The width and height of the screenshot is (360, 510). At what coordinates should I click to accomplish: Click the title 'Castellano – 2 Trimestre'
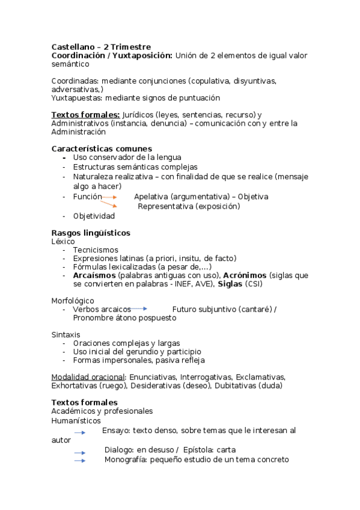[x=101, y=47]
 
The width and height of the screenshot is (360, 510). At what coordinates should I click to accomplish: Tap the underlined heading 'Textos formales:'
[x=85, y=115]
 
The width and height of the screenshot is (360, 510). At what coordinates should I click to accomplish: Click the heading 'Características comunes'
[x=102, y=149]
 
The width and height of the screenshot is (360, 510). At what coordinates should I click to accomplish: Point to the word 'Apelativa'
[x=151, y=197]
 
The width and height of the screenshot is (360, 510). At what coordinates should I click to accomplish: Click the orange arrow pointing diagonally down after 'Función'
[x=109, y=204]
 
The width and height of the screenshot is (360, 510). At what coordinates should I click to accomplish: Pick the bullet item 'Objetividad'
[x=94, y=216]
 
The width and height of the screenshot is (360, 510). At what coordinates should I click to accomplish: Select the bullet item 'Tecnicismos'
[x=96, y=250]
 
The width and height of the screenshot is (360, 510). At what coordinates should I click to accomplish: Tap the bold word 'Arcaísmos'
[x=94, y=275]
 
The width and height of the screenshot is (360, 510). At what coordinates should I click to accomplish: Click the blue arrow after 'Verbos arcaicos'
[x=139, y=309]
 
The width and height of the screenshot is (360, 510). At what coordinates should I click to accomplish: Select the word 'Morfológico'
[x=73, y=301]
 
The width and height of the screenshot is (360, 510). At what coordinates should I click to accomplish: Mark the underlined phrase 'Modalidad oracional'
[x=88, y=376]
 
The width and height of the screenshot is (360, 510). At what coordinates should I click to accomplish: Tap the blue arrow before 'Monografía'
[x=80, y=461]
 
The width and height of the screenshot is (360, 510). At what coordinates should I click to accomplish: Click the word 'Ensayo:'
[x=116, y=431]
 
